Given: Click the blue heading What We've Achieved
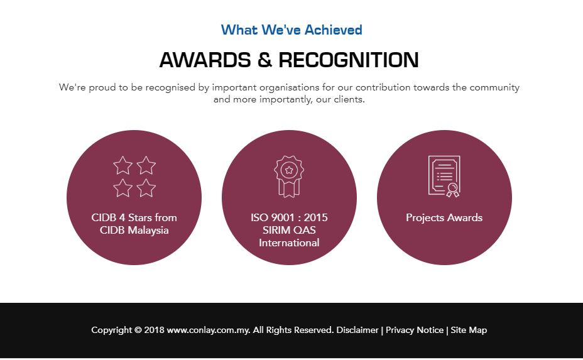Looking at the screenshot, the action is coord(291,30).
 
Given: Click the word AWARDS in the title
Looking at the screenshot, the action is coord(205,60).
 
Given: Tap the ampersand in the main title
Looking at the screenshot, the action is coord(264,60).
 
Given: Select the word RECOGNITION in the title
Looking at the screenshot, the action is coord(349,60).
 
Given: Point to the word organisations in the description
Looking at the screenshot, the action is coord(289,87).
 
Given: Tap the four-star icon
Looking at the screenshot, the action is coord(134,177).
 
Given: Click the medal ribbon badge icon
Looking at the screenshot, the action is coord(289,177).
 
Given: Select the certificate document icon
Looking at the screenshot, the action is coord(444,177).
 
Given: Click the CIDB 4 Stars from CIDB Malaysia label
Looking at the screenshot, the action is coord(134,224).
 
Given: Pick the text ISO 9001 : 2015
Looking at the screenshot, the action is coord(289,217).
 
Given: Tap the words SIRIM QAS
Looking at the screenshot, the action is coord(289,230).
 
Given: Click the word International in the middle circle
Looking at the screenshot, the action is coord(289,243).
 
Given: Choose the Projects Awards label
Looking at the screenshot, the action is coord(444,217).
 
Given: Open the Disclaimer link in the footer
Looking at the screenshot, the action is coord(357,330).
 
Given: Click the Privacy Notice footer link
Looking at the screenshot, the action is coord(415,330).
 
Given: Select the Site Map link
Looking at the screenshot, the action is coord(469,330).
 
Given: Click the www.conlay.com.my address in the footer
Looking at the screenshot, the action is coord(208,330).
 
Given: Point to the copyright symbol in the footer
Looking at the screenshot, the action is coord(138,330).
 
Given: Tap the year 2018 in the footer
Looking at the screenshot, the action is coord(154,330).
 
